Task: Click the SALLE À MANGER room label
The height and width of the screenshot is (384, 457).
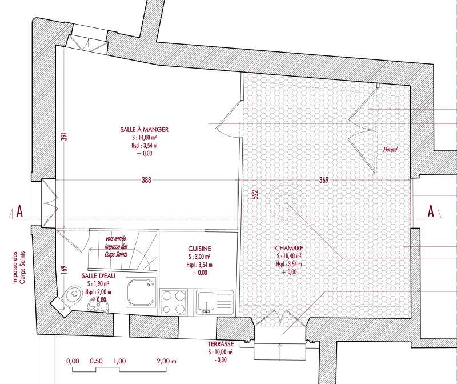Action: point(145,130)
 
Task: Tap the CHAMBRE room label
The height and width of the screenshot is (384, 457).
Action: point(289,248)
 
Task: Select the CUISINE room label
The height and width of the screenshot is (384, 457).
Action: point(199,249)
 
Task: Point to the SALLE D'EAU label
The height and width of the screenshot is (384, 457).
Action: point(98,276)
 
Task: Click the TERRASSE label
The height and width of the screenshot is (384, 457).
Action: point(221,345)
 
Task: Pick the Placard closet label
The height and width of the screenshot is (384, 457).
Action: point(390,150)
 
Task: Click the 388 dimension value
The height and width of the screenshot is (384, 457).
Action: point(146,180)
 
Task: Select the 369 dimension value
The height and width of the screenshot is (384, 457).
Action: point(324,180)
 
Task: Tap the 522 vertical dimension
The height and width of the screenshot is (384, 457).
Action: point(255,194)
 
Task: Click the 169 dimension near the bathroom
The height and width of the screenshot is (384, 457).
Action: point(65,269)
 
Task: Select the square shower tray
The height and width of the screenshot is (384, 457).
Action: point(139,293)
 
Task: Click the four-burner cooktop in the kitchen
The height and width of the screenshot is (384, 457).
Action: point(174,302)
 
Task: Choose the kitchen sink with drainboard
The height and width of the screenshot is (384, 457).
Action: point(215,302)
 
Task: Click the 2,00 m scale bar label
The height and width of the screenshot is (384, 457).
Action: point(166,361)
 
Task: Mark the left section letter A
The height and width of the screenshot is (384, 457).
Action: point(19,211)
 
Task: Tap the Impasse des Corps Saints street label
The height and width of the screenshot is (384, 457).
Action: point(19,267)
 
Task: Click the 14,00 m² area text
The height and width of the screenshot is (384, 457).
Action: point(145,137)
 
